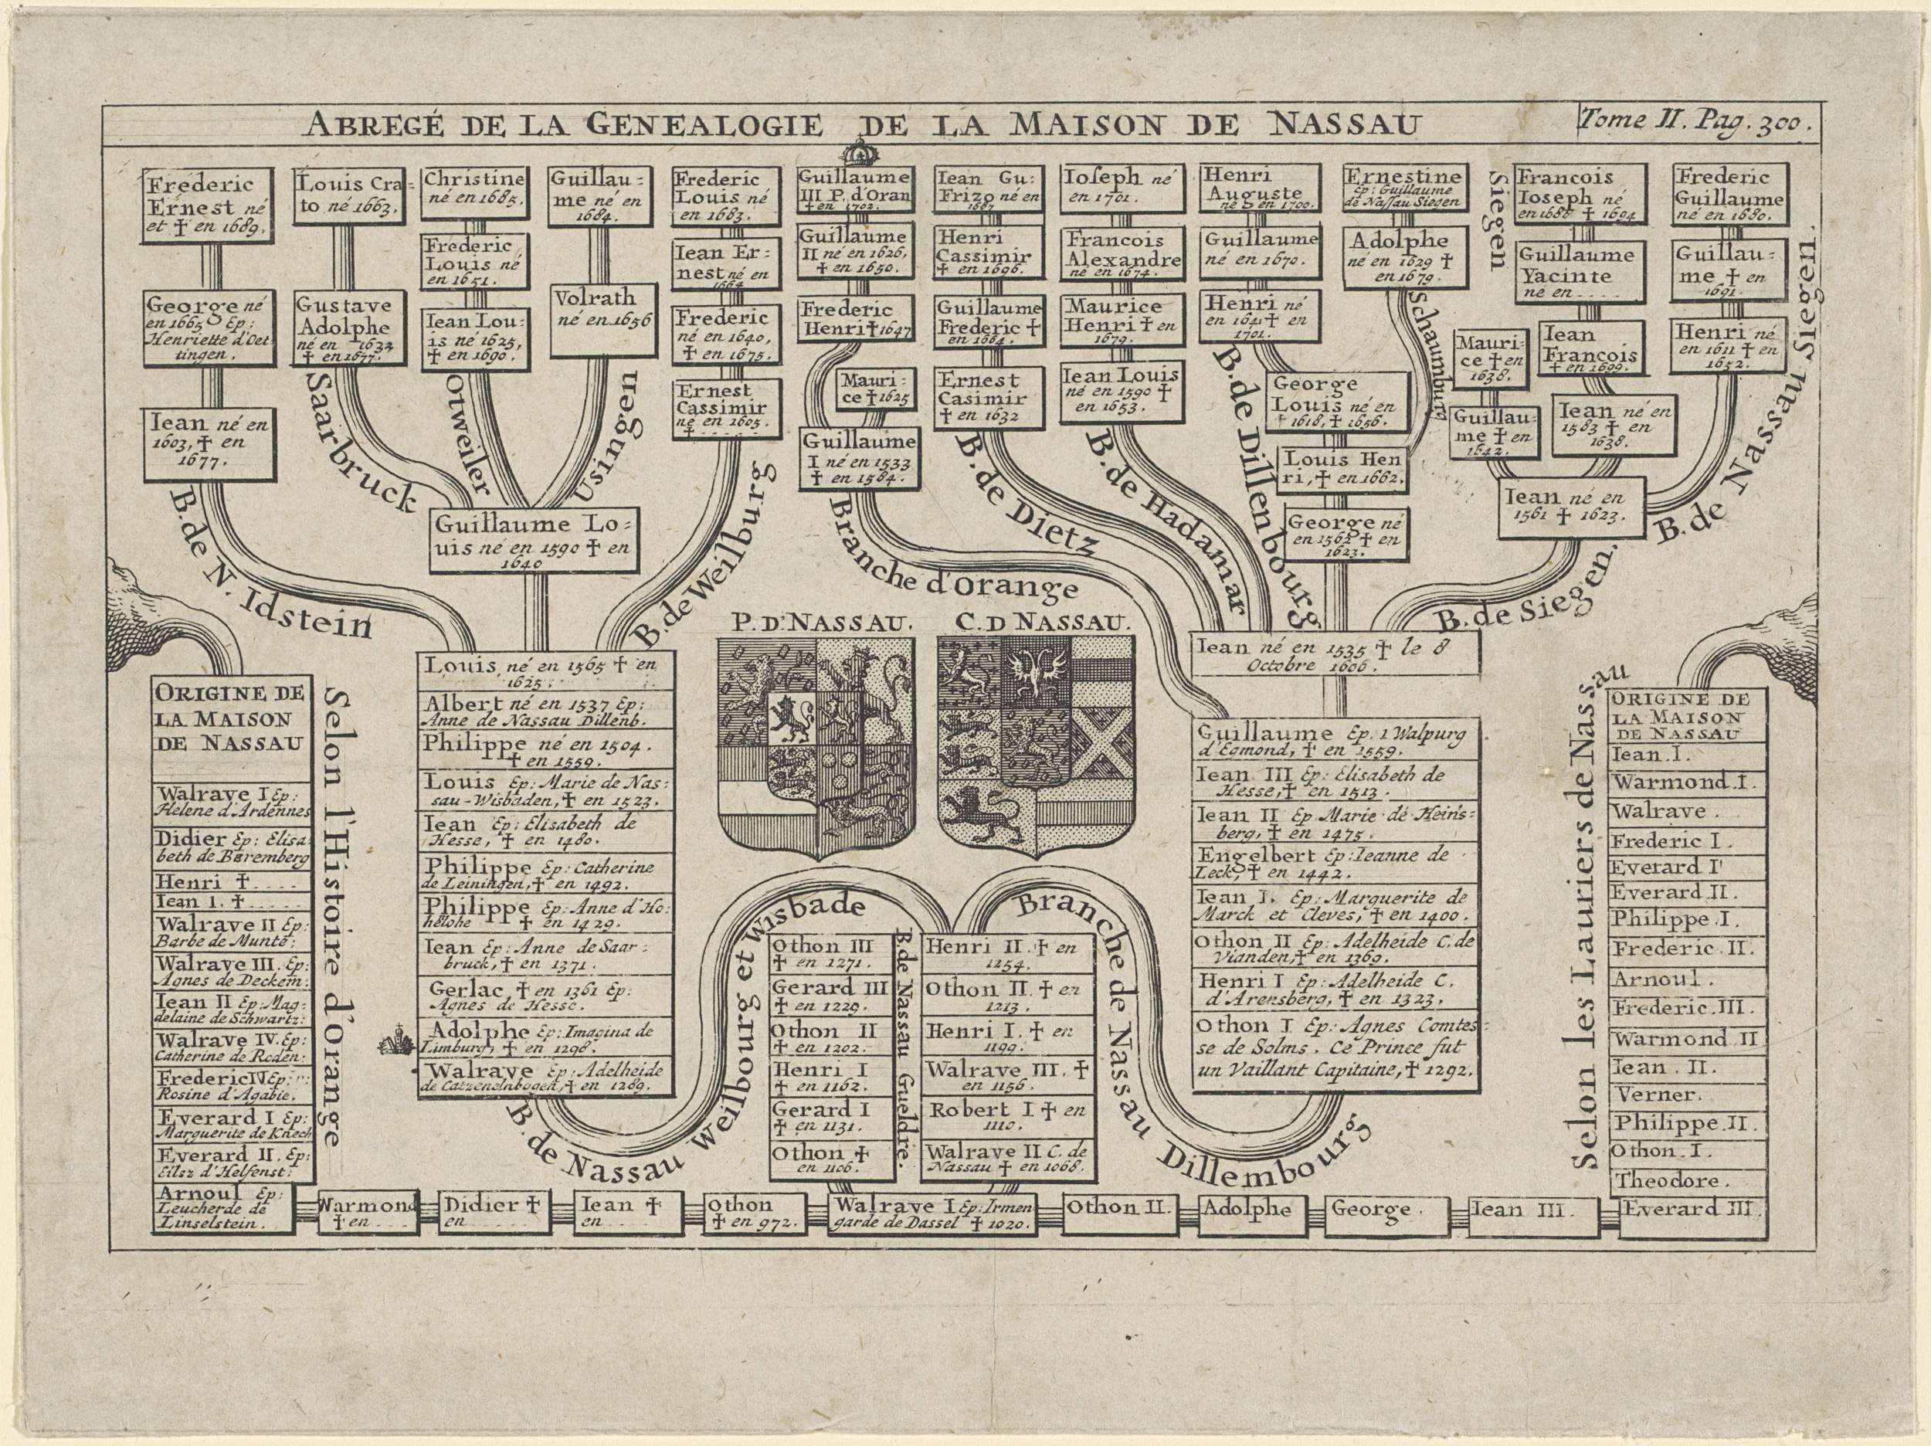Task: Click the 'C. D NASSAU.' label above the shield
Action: (x=1037, y=623)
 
